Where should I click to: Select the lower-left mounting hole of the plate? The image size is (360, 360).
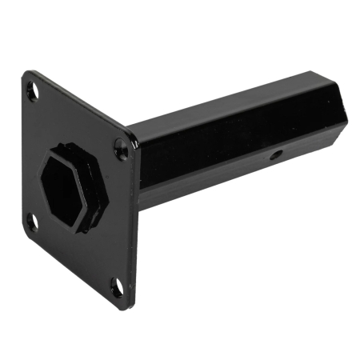point(34,222)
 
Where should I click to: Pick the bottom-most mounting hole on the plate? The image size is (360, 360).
point(118,286)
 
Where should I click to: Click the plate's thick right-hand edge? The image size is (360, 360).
point(136,232)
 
